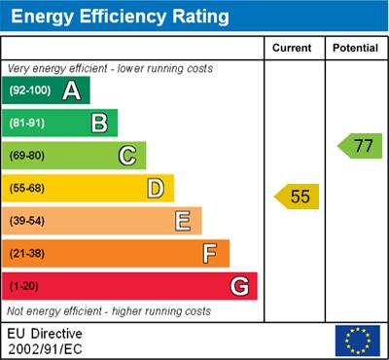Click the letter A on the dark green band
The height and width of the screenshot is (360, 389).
pos(71,90)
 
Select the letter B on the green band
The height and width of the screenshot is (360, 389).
pos(99,123)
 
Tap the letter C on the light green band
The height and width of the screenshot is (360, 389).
pos(127,156)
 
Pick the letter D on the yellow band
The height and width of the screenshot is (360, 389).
pos(156,189)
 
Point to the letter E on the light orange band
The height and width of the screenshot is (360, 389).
pos(183,221)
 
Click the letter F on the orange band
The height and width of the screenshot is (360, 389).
pos(210,254)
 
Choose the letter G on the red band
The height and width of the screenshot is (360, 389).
pos(239,286)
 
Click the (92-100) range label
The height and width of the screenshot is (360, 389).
pos(30,91)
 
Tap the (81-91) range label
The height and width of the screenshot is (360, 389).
pos(27,124)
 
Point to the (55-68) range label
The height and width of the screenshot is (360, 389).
pos(27,189)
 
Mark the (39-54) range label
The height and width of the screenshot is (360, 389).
pos(27,222)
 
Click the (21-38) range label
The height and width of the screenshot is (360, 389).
pos(27,254)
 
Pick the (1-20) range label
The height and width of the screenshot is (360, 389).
pos(24,287)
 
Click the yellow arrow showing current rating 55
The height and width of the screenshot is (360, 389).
pos(298,197)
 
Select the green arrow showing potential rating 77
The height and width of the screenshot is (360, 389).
pos(361,147)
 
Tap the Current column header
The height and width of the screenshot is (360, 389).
pos(293,48)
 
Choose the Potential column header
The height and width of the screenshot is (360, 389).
pos(355,48)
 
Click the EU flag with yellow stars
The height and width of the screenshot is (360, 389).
pos(357,341)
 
